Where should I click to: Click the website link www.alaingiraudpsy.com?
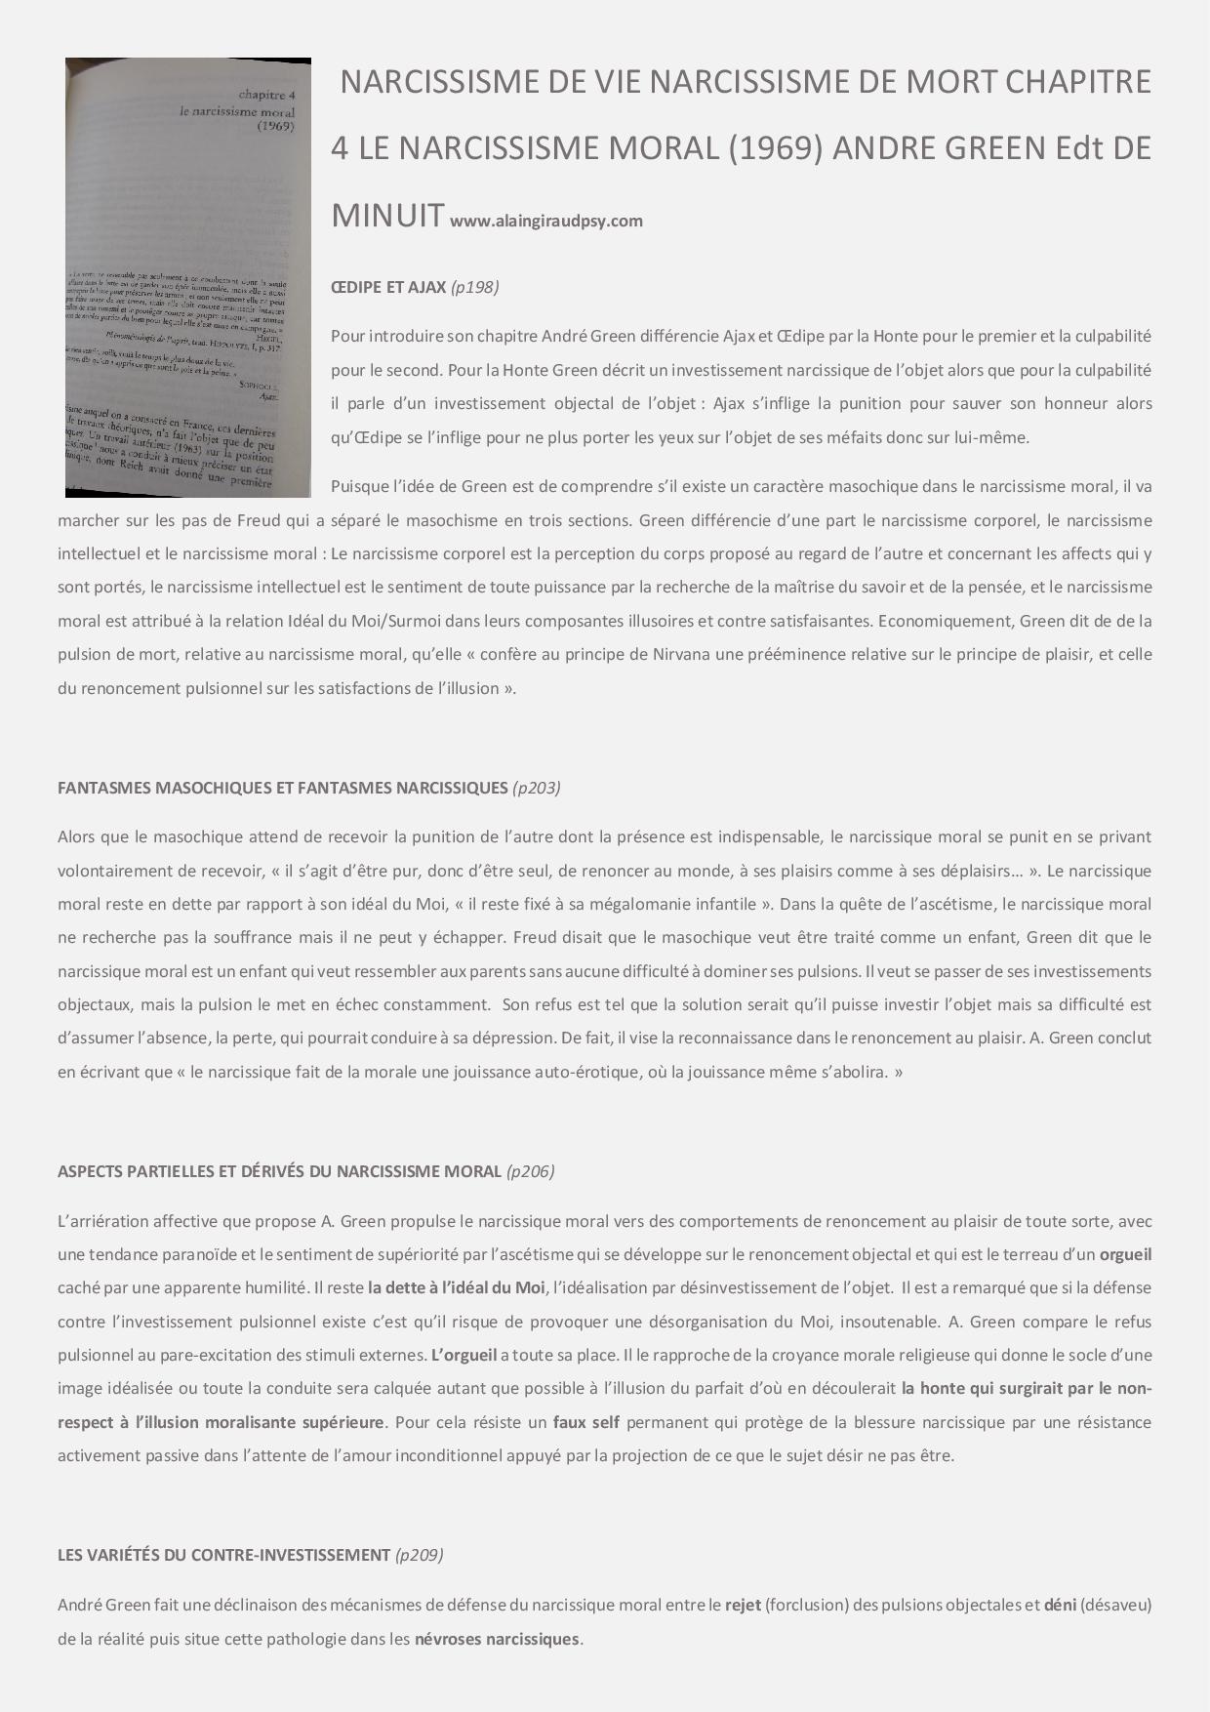pyautogui.click(x=545, y=221)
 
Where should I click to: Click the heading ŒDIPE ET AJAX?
pyautogui.click(x=388, y=287)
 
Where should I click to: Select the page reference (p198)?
pyautogui.click(x=475, y=287)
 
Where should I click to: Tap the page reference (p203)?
pyautogui.click(x=536, y=788)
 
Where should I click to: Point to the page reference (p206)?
pyautogui.click(x=530, y=1171)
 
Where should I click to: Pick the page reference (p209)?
pyautogui.click(x=419, y=1555)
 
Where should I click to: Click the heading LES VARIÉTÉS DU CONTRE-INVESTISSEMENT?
pyautogui.click(x=224, y=1555)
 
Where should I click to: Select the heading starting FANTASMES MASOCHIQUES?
pyautogui.click(x=283, y=788)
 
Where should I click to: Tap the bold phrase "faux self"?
pyautogui.click(x=585, y=1422)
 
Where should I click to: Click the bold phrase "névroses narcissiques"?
pyautogui.click(x=497, y=1639)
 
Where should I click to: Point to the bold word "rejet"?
pyautogui.click(x=743, y=1605)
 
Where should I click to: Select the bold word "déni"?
pyautogui.click(x=1060, y=1605)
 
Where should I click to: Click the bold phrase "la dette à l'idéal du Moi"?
pyautogui.click(x=457, y=1287)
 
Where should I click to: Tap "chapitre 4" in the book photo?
pyautogui.click(x=267, y=96)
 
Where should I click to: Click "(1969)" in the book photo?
pyautogui.click(x=276, y=126)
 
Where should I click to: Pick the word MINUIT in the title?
pyautogui.click(x=387, y=215)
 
